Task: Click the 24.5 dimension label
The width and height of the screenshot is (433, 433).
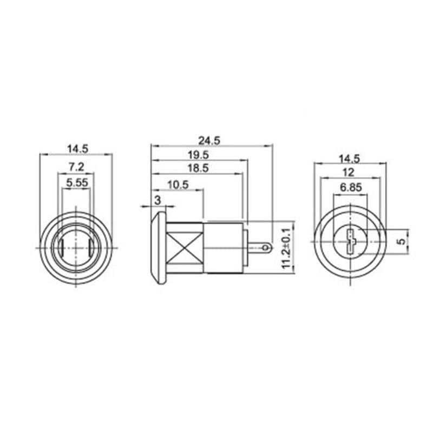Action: point(209,141)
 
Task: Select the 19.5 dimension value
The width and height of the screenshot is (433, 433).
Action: point(198,155)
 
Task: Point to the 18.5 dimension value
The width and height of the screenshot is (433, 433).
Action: point(198,168)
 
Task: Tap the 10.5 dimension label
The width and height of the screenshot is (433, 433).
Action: point(178,185)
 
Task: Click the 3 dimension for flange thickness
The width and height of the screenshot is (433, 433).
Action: point(158,200)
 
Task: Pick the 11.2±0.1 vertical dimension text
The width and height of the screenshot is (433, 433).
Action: point(287,248)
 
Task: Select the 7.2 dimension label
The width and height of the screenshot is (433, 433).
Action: point(76,167)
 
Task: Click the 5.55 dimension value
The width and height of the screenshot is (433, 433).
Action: point(77,182)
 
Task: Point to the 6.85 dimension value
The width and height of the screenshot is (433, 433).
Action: point(351,188)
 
